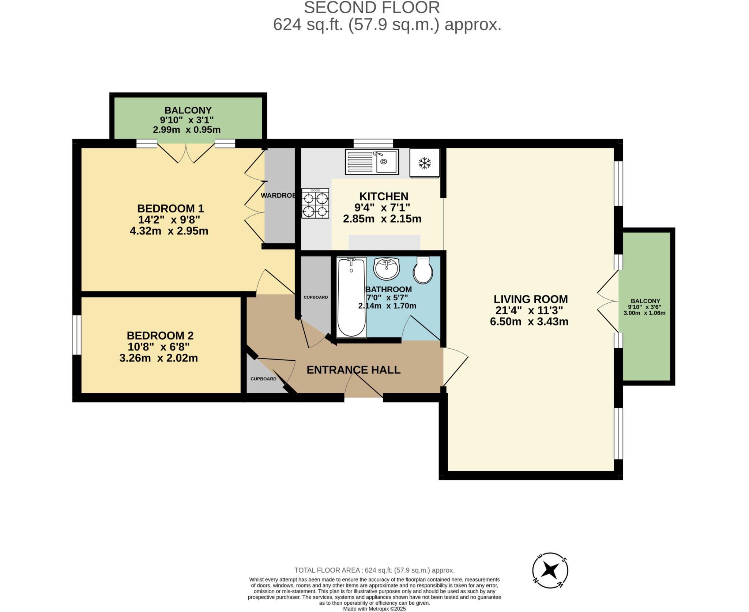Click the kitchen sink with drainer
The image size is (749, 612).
coord(372,162)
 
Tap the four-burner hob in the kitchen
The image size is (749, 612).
coord(315,203)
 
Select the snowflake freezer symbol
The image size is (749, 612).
coord(424,163)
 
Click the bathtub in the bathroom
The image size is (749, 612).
coord(351,297)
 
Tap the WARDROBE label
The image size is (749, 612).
coord(278,196)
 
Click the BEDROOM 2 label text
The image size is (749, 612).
coord(160,335)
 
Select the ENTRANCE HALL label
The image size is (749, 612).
coord(353,370)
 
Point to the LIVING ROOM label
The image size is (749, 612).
coord(530,299)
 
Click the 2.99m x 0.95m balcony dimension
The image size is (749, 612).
coord(187,129)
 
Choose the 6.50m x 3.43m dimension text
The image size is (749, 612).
coord(529,322)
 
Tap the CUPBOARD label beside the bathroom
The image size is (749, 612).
coord(316,297)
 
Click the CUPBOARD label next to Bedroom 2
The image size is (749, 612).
coord(263,379)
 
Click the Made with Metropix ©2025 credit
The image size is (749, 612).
coord(374,609)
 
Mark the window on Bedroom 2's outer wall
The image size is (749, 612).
coord(76,335)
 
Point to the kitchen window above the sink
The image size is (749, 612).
coord(373,143)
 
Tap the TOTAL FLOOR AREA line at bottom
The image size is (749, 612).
coord(374,570)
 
